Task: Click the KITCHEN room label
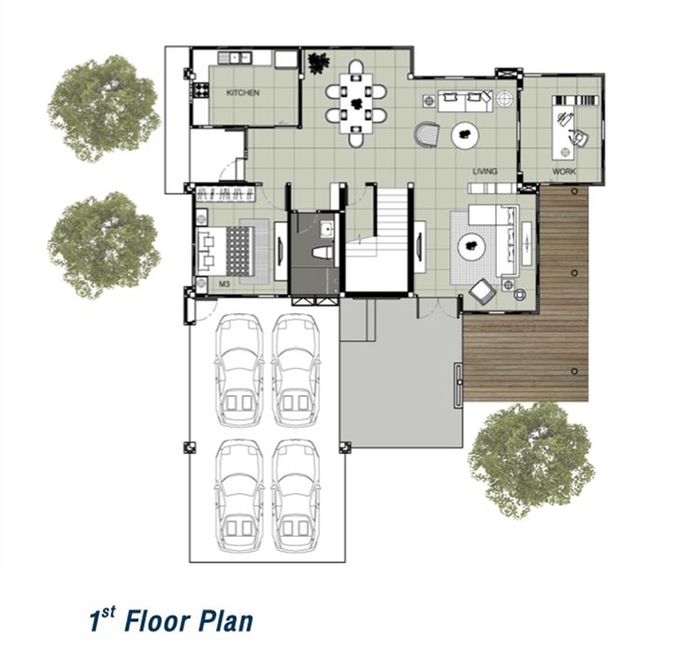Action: [242, 92]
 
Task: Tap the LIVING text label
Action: [485, 172]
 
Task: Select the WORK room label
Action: [564, 172]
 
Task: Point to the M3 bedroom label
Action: [225, 283]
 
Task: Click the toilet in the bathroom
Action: [323, 253]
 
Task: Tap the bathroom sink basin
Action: [328, 229]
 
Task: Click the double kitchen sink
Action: [234, 58]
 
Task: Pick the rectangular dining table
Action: [356, 103]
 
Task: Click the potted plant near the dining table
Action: [319, 62]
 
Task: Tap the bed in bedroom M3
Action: [225, 251]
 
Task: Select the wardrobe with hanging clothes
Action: [226, 193]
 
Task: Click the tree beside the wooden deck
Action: [530, 460]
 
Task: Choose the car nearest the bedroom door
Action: [239, 370]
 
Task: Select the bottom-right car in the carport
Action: [295, 496]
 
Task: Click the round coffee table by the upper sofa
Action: [465, 134]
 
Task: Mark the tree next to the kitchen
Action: [103, 107]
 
